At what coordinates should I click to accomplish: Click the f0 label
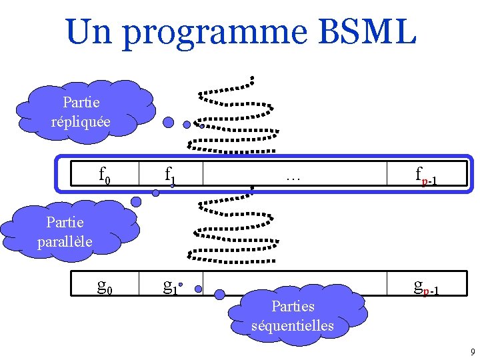coord(105,176)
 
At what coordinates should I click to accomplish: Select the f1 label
coord(171,176)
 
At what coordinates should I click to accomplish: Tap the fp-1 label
coord(425,177)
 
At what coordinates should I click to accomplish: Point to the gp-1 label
coord(425,287)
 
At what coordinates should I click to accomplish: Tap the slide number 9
coord(472,352)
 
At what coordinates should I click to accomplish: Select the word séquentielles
coord(293,325)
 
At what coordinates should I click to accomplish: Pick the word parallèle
coord(65,240)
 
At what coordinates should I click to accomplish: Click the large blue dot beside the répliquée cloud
coord(169,123)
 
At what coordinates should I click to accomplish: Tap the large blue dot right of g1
coord(219,291)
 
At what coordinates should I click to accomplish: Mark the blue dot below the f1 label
coord(155,193)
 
